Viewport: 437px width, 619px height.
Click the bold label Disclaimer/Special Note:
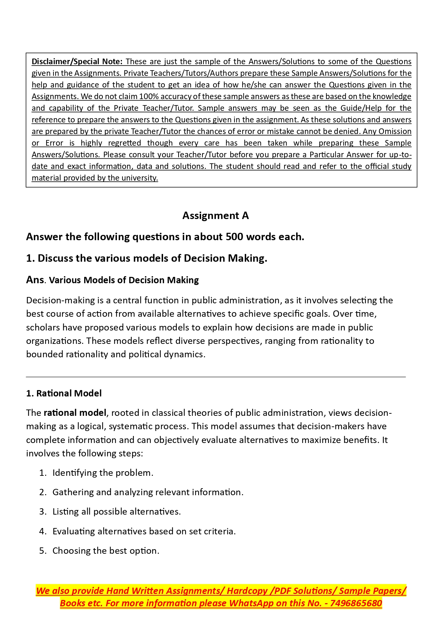[77, 62]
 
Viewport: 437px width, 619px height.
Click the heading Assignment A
[216, 216]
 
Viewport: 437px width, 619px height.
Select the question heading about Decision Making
[146, 258]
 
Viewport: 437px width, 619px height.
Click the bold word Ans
[35, 280]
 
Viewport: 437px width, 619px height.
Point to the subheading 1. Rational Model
[64, 393]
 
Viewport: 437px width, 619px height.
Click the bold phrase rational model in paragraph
[75, 413]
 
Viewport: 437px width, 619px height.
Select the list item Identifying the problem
[103, 473]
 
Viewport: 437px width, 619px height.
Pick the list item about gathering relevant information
[148, 492]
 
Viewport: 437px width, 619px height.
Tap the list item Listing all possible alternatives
[117, 511]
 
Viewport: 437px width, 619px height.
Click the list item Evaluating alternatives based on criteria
[144, 531]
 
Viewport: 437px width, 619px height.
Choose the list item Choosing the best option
[106, 551]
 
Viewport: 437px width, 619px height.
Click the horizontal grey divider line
[216, 377]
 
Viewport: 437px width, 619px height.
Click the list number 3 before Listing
[43, 511]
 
